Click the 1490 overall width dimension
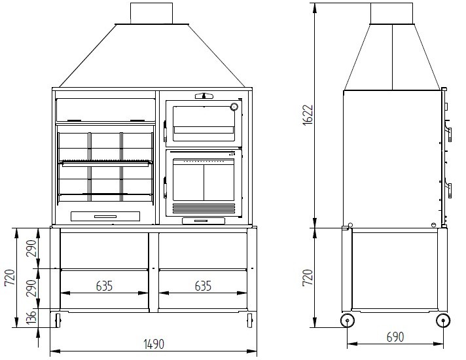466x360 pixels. [154, 344]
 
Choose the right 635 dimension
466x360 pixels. [203, 286]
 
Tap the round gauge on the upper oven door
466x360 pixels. [233, 107]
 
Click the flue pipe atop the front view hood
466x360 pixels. [151, 13]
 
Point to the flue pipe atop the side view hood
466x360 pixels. [392, 13]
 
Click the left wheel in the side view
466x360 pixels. [347, 320]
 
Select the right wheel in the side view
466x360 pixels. [442, 320]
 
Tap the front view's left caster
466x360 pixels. [58, 320]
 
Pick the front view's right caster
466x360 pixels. [249, 320]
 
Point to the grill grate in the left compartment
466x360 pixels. [106, 162]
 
